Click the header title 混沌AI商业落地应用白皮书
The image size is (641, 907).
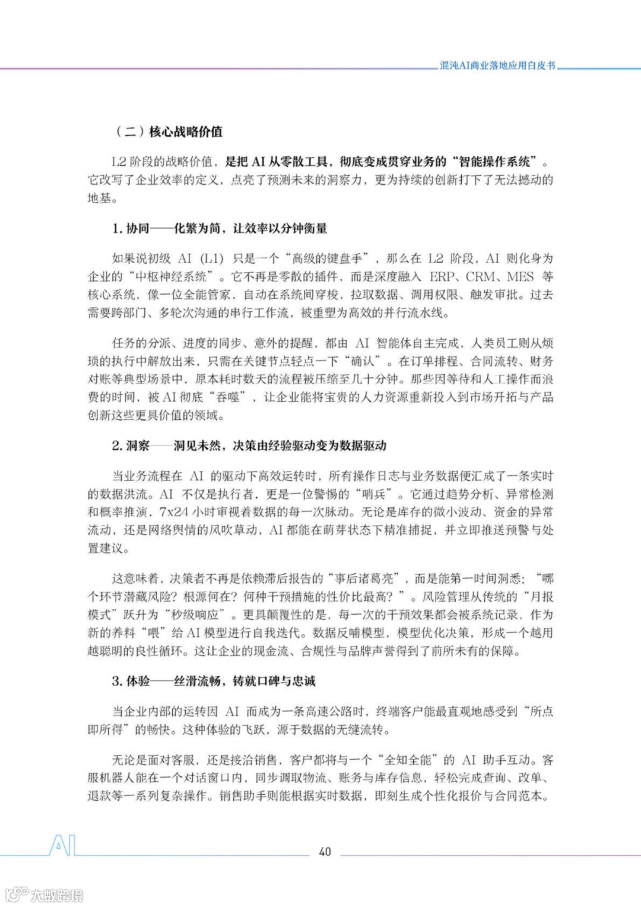[497, 65]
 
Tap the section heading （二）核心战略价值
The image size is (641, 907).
[169, 131]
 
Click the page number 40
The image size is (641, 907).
[325, 851]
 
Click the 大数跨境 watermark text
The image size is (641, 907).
[57, 895]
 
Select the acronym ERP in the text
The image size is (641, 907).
[443, 276]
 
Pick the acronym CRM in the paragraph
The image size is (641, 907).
[480, 276]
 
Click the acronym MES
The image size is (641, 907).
[521, 276]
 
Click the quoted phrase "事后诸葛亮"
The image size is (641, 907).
[364, 579]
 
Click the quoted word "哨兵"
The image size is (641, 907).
[374, 494]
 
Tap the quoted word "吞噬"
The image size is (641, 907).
[228, 397]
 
